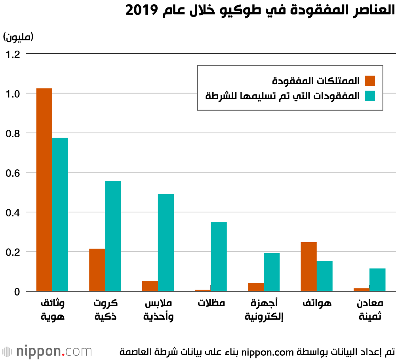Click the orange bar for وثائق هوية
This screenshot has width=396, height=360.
coord(44,190)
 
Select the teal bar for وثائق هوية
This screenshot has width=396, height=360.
coord(60,214)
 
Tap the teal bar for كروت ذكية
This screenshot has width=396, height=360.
coord(113,236)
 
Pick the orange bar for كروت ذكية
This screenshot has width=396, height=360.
coord(97,270)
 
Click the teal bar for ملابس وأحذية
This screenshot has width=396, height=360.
coord(166,243)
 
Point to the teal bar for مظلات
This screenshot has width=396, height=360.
coord(219,256)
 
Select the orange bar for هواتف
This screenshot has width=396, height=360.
coord(308,267)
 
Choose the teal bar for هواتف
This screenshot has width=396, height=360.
coord(324,276)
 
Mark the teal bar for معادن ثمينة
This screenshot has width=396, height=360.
coord(377,280)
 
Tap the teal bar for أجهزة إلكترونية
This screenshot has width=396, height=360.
coord(272,272)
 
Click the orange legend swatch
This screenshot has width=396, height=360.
coord(370,81)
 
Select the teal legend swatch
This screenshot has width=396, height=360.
coord(370,96)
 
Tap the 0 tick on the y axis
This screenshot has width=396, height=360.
coord(17,292)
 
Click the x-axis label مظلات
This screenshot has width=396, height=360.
coord(211,303)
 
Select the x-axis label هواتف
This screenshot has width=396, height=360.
coord(317,303)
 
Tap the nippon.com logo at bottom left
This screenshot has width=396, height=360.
coord(47,351)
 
